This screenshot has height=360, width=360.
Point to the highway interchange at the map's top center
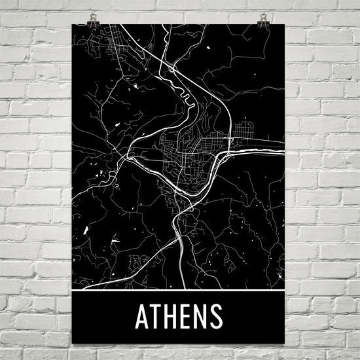(171, 66)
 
